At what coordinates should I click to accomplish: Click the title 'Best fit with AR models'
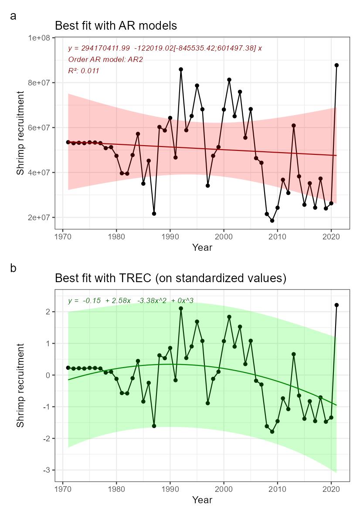click(x=116, y=26)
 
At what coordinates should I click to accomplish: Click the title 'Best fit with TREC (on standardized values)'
click(x=170, y=278)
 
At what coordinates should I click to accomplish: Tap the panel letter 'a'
click(x=14, y=16)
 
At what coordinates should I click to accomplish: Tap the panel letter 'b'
click(x=14, y=268)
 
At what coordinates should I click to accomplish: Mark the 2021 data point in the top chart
click(x=336, y=65)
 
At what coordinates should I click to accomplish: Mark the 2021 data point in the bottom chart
click(x=336, y=305)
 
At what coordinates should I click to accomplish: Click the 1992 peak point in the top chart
click(x=181, y=69)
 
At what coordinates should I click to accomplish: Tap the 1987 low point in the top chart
click(x=154, y=214)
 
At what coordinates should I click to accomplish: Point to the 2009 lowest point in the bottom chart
click(x=272, y=432)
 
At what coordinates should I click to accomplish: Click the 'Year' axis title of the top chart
click(x=202, y=248)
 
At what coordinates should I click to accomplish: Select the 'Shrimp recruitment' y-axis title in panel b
click(x=20, y=385)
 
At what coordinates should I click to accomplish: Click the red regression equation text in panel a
click(x=165, y=48)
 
